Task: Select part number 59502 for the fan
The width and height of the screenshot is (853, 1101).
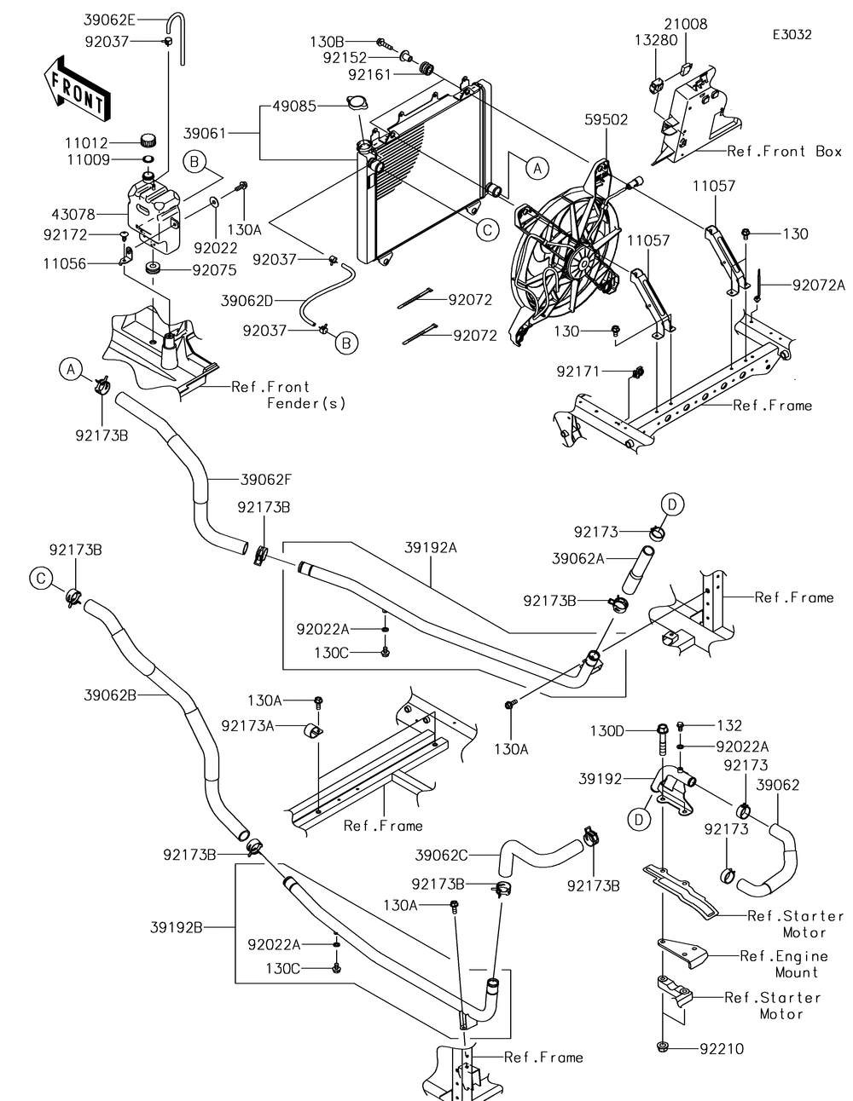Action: click(606, 120)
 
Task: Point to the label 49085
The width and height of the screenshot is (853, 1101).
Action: click(293, 107)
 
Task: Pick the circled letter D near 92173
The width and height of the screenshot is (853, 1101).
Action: click(671, 505)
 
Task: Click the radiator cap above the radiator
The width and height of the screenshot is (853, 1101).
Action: click(357, 104)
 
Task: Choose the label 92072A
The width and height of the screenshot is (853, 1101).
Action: click(818, 285)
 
